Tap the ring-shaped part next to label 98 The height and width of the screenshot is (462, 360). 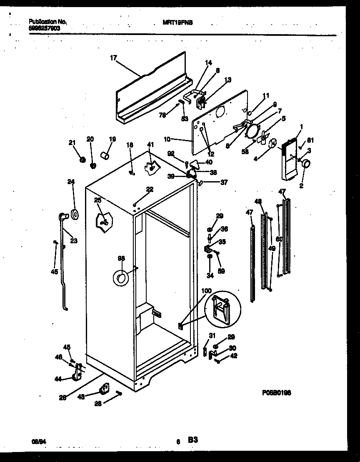[120, 278]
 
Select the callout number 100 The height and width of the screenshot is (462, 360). [206, 290]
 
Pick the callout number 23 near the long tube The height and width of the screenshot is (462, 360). [73, 240]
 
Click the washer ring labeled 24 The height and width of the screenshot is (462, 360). [75, 214]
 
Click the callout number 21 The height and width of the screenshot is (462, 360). [72, 143]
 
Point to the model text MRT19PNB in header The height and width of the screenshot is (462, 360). [177, 24]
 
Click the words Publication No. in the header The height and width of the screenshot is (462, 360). [48, 21]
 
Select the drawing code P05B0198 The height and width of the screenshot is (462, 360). [277, 392]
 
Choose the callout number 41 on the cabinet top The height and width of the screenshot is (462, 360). [150, 144]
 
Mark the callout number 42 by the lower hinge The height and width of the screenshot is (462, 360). [234, 355]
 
